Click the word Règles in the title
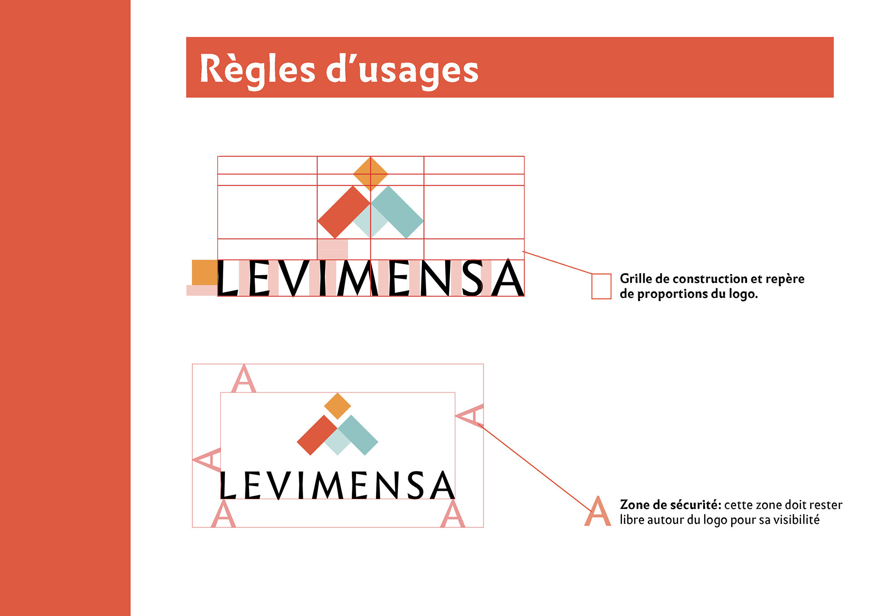pos(257,69)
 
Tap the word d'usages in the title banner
pos(402,70)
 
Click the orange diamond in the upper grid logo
pos(371,174)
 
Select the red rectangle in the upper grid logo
pos(343,212)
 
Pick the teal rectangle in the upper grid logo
pos(398,212)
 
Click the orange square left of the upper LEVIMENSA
pos(205,272)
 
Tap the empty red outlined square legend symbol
pos(601,286)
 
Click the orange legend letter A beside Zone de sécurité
pos(598,512)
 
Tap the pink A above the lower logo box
pos(244,379)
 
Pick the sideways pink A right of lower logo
pos(470,415)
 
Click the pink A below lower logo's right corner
pos(453,514)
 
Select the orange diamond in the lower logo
pos(338,406)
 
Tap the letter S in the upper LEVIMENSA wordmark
pos(472,278)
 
